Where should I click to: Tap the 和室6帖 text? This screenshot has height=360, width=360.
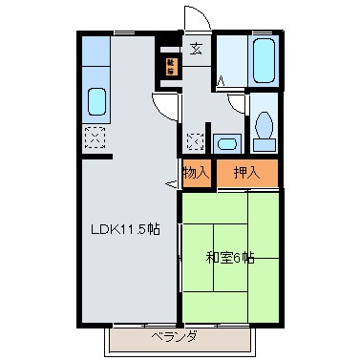point(230,257)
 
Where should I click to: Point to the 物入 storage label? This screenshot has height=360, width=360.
point(197,173)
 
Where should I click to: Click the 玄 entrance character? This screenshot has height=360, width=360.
point(195,50)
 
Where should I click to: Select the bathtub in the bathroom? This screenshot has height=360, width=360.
point(263,60)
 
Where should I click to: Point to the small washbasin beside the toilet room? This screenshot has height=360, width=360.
point(226,144)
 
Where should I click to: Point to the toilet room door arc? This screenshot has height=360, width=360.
point(238,107)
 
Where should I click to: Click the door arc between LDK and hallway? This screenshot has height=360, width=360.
point(165,106)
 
